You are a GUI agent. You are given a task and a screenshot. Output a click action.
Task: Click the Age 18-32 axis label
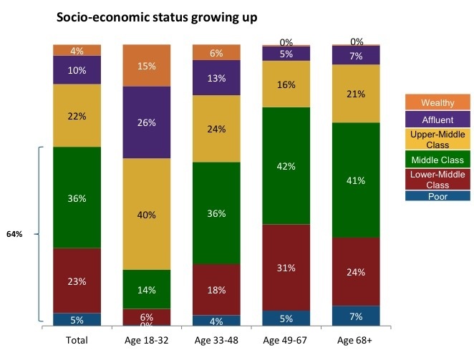pyautogui.click(x=147, y=341)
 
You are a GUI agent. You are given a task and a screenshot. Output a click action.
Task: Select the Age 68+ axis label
pyautogui.click(x=356, y=341)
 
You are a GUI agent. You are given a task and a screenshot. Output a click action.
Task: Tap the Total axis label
pyautogui.click(x=77, y=341)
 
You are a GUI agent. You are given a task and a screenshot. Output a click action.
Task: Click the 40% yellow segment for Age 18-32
pyautogui.click(x=147, y=213)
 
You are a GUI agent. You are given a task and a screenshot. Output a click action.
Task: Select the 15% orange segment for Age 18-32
pyautogui.click(x=147, y=65)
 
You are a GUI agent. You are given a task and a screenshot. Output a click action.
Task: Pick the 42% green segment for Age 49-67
pyautogui.click(x=286, y=165)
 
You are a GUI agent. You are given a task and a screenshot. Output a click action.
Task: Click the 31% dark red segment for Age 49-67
pyautogui.click(x=286, y=267)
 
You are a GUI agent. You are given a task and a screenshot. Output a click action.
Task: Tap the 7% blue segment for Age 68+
pyautogui.click(x=356, y=316)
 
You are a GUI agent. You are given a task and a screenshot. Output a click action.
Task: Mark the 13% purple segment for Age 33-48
pyautogui.click(x=217, y=78)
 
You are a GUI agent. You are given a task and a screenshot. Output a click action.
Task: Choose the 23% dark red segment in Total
pyautogui.click(x=77, y=281)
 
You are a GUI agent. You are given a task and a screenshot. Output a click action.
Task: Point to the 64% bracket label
pyautogui.click(x=14, y=234)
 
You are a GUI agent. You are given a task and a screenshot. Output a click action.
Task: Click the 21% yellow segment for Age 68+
pyautogui.click(x=356, y=94)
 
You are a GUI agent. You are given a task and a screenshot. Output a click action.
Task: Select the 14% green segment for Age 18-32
pyautogui.click(x=147, y=289)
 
